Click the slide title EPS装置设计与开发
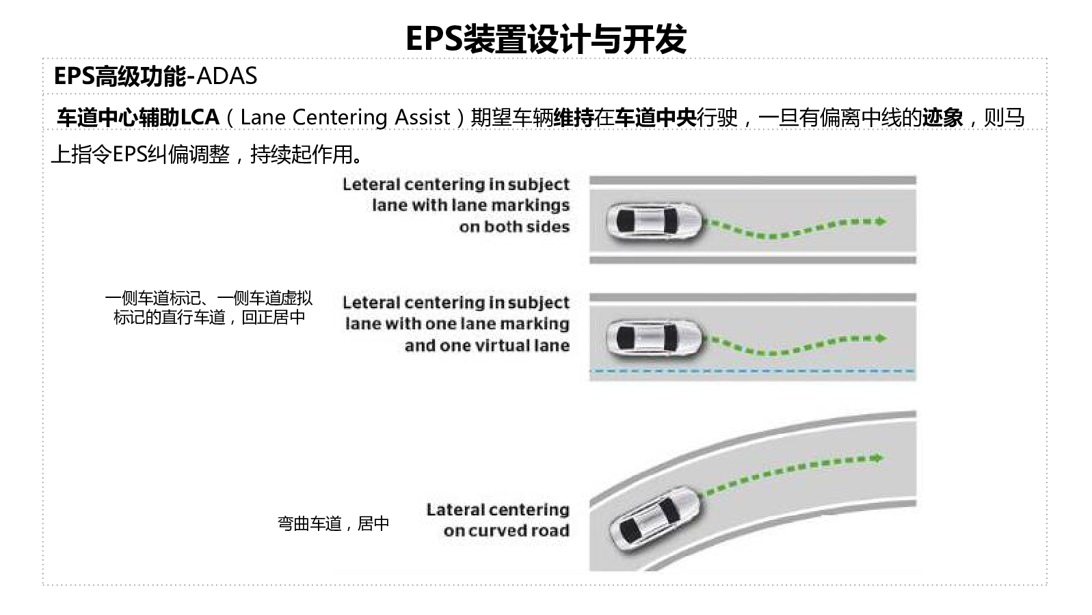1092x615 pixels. pyautogui.click(x=545, y=39)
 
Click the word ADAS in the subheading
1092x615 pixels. pyautogui.click(x=226, y=76)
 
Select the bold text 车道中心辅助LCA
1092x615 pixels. pyautogui.click(x=137, y=118)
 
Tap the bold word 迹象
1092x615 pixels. pyautogui.click(x=942, y=118)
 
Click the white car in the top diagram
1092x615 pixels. pyautogui.click(x=654, y=221)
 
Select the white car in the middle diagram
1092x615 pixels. pyautogui.click(x=654, y=338)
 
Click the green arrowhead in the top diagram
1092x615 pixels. pyautogui.click(x=881, y=221)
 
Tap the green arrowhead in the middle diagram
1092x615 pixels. pyautogui.click(x=881, y=338)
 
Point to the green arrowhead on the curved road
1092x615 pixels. pyautogui.click(x=877, y=458)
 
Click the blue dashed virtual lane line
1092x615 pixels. pyautogui.click(x=752, y=371)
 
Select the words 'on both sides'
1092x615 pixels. pyautogui.click(x=514, y=227)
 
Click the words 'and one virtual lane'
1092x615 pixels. pyautogui.click(x=487, y=346)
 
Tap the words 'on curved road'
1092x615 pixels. pyautogui.click(x=506, y=531)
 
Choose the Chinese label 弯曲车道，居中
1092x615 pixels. pyautogui.click(x=333, y=523)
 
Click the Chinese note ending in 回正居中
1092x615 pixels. pyautogui.click(x=209, y=317)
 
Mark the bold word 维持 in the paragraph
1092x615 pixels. pyautogui.click(x=573, y=118)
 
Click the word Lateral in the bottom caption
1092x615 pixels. pyautogui.click(x=454, y=510)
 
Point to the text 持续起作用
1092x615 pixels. pyautogui.click(x=302, y=155)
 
